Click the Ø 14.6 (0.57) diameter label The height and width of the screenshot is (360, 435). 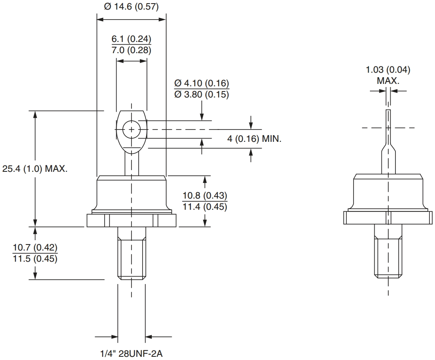click(131, 7)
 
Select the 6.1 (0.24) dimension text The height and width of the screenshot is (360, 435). click(131, 39)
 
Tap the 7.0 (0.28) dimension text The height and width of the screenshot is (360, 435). click(131, 50)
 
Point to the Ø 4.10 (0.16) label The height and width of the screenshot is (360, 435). click(202, 84)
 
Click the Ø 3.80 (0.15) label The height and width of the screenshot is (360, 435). click(202, 95)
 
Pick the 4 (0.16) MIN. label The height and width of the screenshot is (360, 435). click(254, 139)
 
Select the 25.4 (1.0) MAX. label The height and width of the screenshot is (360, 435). click(35, 169)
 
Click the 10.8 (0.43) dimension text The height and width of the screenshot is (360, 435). click(205, 196)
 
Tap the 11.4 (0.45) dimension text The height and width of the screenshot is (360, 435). click(205, 207)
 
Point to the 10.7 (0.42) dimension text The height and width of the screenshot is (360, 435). click(35, 248)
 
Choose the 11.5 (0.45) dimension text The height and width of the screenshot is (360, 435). click(35, 259)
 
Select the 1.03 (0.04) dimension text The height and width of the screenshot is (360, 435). click(388, 70)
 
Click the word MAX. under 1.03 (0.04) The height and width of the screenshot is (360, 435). click(388, 80)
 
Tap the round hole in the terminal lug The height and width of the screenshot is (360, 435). click(131, 129)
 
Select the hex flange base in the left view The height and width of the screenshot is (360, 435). click(131, 221)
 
